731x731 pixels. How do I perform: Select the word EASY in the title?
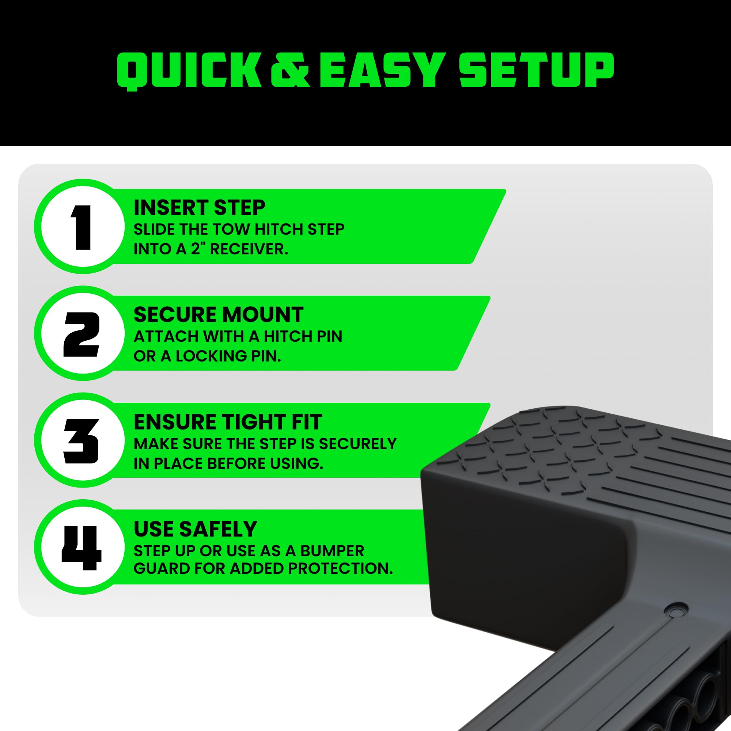(x=380, y=71)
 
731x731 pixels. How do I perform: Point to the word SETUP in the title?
(x=536, y=71)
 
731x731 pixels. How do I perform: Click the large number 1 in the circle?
(x=82, y=227)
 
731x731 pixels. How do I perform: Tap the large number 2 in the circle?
(x=82, y=334)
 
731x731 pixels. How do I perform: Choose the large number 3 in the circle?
(x=82, y=441)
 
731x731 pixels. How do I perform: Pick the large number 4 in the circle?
(x=82, y=548)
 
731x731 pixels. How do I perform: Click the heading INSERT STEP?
(x=200, y=207)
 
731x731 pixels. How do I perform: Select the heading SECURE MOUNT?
(x=218, y=314)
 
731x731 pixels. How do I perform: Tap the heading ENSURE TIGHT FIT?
(x=228, y=421)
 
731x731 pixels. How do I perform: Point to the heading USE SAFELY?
(x=195, y=529)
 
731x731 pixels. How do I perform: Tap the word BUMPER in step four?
(x=332, y=551)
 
